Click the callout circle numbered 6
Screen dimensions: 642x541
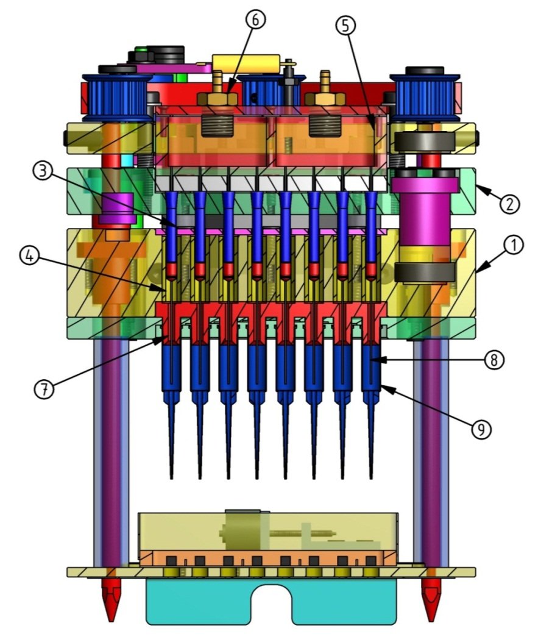[255, 20]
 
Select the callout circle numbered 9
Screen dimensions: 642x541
[481, 429]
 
